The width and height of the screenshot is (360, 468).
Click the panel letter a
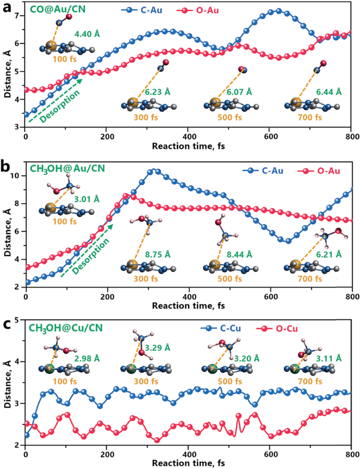[7, 7]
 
